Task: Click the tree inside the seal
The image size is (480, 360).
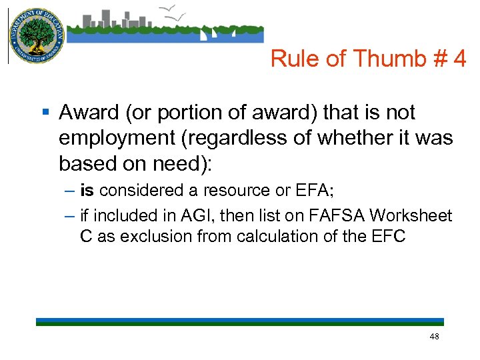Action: [36, 33]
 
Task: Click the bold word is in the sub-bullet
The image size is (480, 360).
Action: [87, 191]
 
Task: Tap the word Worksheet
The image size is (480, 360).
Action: [411, 215]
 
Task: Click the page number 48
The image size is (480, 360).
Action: [434, 337]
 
